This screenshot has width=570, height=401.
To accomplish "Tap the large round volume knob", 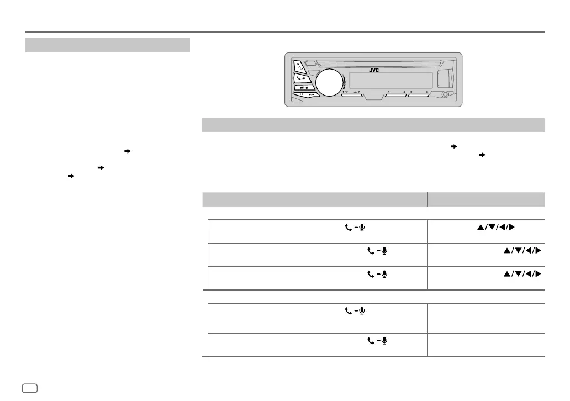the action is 329,83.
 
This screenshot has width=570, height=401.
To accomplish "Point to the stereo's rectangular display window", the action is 387,80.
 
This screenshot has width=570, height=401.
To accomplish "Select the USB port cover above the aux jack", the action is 445,78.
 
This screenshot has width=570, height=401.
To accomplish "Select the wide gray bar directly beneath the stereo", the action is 373,125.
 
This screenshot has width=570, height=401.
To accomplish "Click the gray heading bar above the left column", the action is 108,44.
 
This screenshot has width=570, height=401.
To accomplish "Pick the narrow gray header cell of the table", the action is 486,199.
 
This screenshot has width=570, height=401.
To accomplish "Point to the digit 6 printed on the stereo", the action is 427,92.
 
